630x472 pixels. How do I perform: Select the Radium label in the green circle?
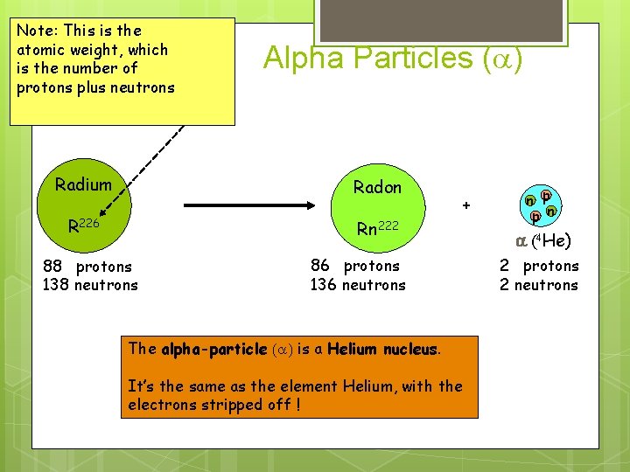[83, 184]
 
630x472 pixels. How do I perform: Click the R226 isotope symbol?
[84, 226]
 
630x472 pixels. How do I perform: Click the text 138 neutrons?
[90, 284]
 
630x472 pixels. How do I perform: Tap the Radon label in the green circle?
[377, 187]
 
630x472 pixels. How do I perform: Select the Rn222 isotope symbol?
[377, 228]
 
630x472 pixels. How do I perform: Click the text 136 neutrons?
[358, 284]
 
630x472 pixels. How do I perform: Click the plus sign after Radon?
[466, 205]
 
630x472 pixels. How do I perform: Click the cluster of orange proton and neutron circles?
[540, 205]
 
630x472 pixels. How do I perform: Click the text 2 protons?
[539, 266]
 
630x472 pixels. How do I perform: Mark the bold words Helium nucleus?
[384, 350]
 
